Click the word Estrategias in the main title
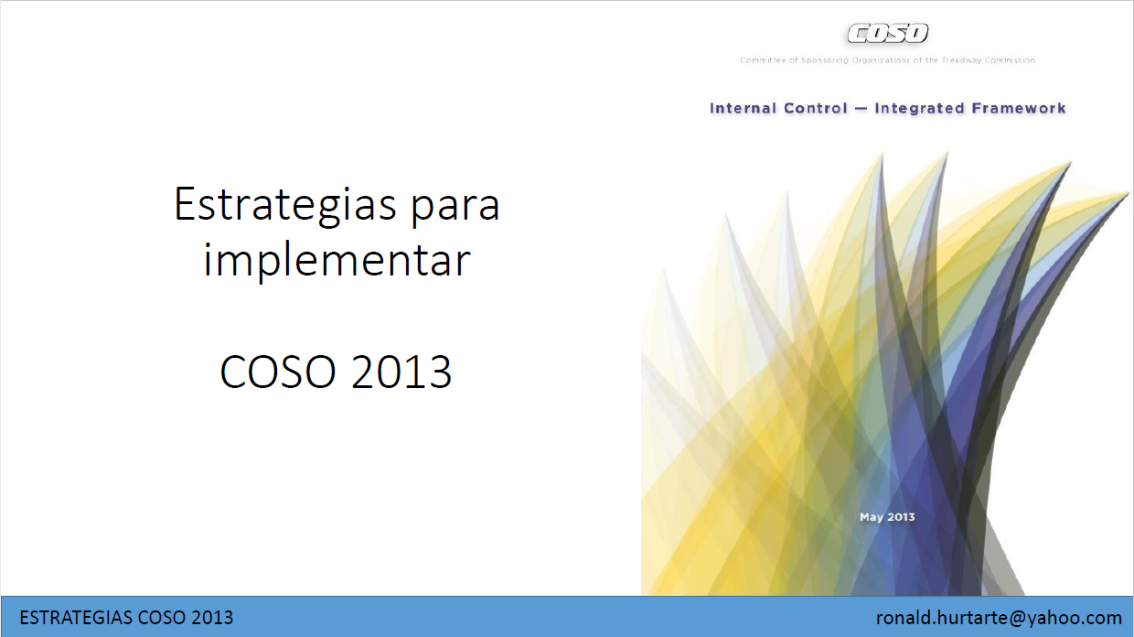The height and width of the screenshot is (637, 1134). click(x=285, y=205)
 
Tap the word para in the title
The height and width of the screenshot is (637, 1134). click(x=455, y=209)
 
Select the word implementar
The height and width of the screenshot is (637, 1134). click(x=337, y=261)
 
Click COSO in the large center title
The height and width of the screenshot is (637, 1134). click(x=277, y=372)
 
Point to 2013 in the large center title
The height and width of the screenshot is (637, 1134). click(x=401, y=372)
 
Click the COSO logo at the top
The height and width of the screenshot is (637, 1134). click(x=887, y=34)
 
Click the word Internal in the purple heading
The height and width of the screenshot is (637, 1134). click(x=743, y=108)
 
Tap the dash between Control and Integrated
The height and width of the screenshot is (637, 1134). click(x=861, y=109)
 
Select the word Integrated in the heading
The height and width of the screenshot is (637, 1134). click(x=919, y=109)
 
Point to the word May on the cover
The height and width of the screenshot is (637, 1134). click(x=872, y=517)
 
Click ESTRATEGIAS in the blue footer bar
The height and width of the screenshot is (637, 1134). click(x=77, y=618)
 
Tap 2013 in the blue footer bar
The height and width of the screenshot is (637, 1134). click(x=212, y=618)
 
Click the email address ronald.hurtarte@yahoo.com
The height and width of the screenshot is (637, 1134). click(x=999, y=618)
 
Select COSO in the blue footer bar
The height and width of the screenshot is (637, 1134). click(x=163, y=618)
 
